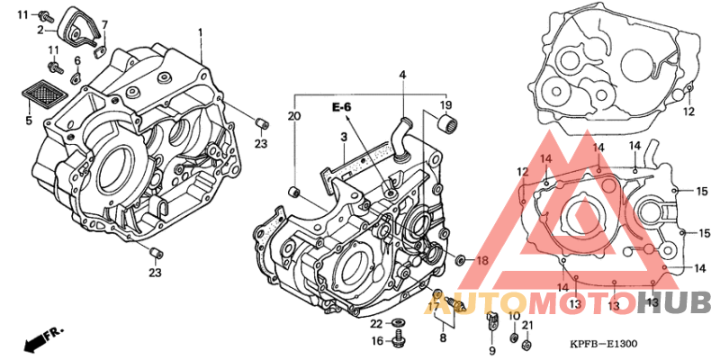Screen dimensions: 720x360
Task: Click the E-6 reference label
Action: point(342,107)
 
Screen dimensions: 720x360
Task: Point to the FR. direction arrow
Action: point(43,339)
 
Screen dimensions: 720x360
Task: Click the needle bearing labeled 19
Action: point(447,123)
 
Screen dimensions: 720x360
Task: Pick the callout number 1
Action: point(200,33)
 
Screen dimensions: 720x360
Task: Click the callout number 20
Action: point(294,117)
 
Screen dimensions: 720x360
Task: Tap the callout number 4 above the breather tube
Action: point(402,74)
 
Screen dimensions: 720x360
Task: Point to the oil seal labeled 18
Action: point(460,261)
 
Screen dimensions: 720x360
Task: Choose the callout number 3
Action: point(343,137)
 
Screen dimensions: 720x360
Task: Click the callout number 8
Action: point(443,338)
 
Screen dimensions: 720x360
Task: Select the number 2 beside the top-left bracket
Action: point(40,31)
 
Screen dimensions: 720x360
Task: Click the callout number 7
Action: point(104,24)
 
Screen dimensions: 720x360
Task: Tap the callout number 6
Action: point(77,60)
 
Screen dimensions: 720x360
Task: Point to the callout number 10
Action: point(514,318)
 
